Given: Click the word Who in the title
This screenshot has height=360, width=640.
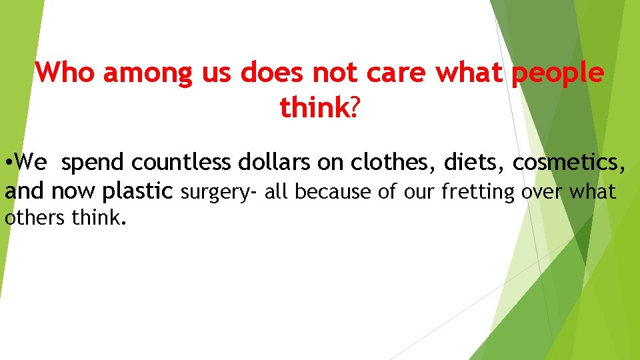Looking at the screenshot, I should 67,73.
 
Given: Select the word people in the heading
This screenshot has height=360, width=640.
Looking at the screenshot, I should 558,73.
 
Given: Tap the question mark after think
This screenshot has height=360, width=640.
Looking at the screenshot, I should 354,107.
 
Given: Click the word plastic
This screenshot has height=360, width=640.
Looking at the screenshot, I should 137,192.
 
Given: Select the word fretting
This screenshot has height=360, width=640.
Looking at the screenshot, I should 478,192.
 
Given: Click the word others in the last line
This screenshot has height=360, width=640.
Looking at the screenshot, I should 33,218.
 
